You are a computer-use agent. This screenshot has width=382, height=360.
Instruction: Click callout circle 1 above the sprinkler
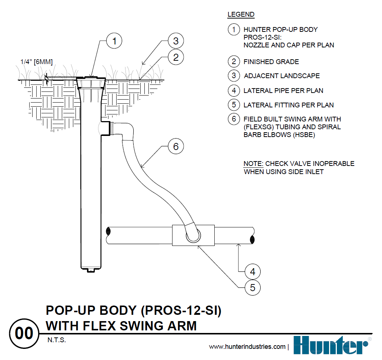(114, 41)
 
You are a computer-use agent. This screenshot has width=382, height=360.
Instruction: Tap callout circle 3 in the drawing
(176, 40)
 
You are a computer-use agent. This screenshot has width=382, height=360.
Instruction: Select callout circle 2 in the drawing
(176, 57)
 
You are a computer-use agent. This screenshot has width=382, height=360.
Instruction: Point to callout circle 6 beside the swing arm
(176, 147)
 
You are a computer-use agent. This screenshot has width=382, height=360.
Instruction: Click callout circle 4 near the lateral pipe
(252, 272)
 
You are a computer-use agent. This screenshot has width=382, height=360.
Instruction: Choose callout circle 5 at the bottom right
(252, 288)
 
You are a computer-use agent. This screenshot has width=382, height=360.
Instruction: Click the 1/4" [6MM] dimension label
(36, 62)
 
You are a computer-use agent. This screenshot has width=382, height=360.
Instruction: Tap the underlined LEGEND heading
(241, 15)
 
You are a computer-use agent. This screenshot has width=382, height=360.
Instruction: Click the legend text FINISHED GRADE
(271, 62)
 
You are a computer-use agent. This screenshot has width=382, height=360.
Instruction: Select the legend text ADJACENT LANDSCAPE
(282, 76)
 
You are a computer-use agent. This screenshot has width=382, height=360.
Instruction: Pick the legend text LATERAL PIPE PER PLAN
(283, 91)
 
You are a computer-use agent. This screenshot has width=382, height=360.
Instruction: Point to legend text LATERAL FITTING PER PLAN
(288, 105)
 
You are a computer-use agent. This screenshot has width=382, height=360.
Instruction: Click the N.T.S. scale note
(57, 340)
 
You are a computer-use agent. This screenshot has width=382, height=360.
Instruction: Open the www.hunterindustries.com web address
(247, 347)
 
